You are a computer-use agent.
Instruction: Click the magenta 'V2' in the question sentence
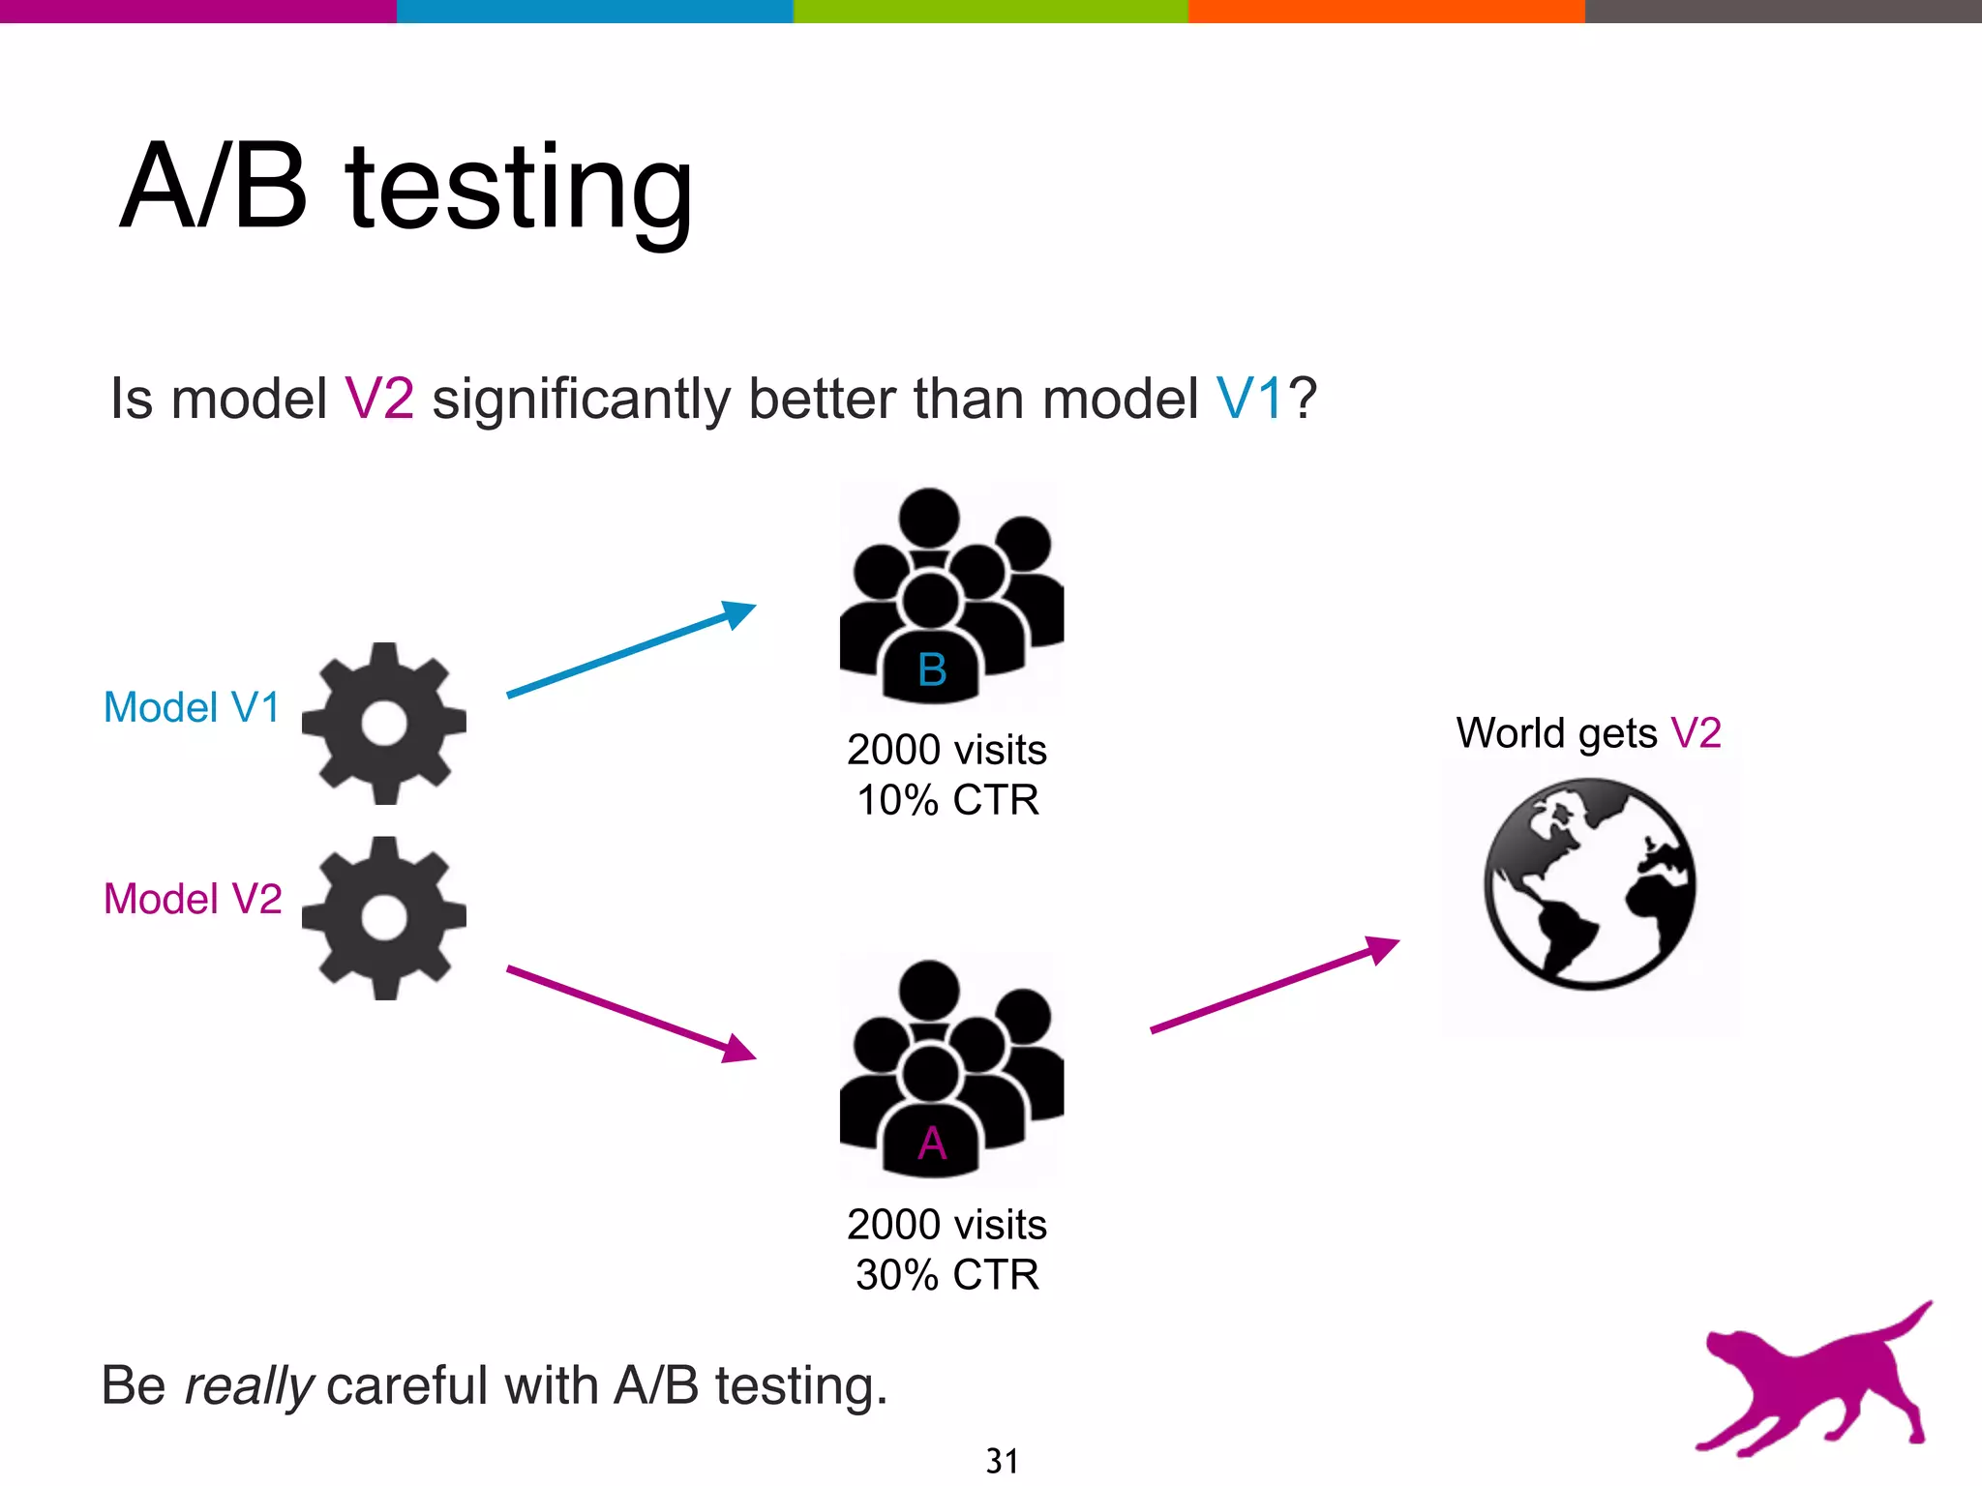[x=379, y=399]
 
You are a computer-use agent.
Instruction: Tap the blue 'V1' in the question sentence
[x=1249, y=399]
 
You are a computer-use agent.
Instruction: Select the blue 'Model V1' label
[x=192, y=707]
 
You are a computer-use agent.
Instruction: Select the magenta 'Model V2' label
[x=193, y=899]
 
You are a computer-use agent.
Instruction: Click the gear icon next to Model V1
[x=384, y=723]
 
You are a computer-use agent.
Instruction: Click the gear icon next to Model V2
[x=384, y=917]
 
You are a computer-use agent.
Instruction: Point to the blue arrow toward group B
[x=630, y=649]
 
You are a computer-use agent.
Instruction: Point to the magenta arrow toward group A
[x=630, y=1013]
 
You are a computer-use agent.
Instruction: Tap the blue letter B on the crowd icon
[x=932, y=669]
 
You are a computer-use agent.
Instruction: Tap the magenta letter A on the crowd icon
[x=932, y=1144]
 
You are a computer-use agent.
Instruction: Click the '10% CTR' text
[x=947, y=800]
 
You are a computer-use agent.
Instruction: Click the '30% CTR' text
[x=947, y=1274]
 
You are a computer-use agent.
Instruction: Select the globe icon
[x=1589, y=884]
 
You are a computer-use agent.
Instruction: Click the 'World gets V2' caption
[x=1588, y=733]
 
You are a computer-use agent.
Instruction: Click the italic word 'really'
[x=248, y=1385]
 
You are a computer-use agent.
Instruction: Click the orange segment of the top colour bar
[x=1386, y=11]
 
